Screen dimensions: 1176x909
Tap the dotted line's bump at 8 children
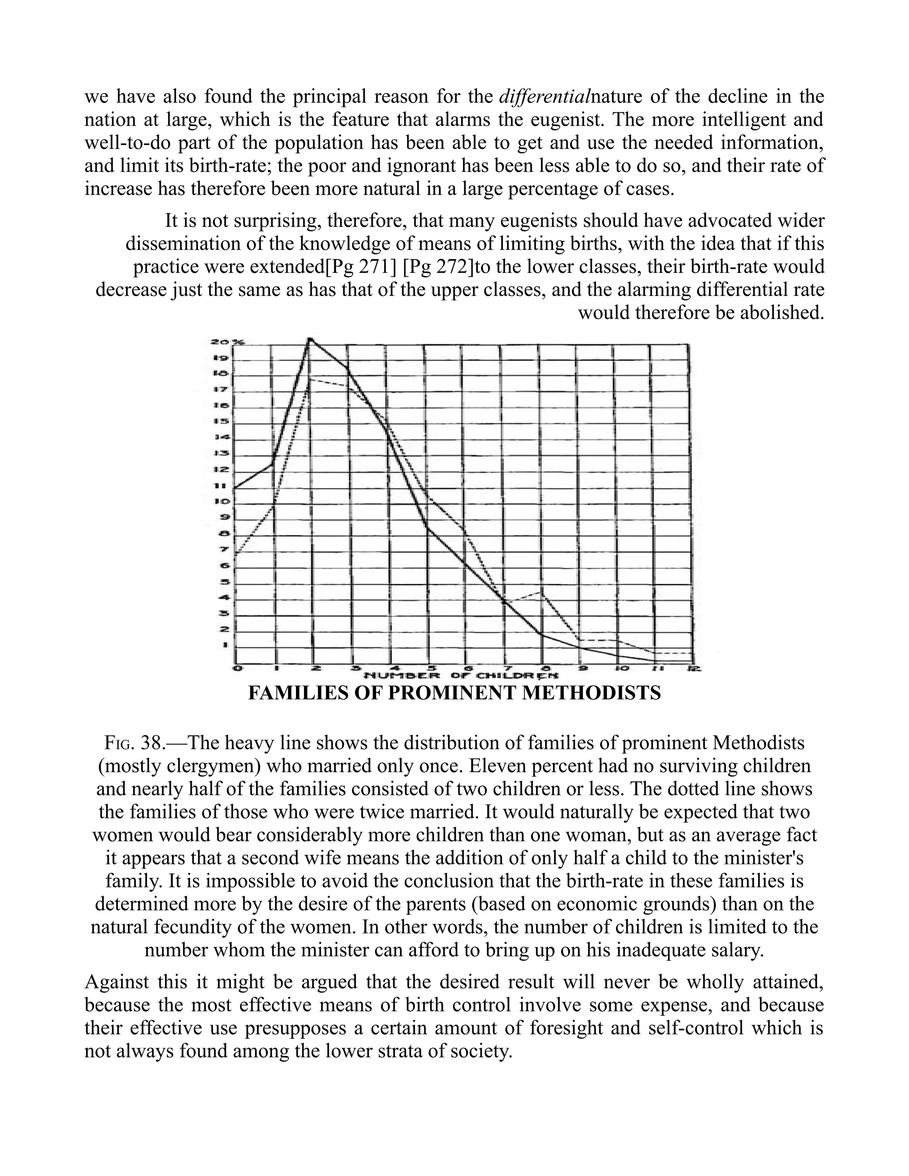point(542,592)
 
